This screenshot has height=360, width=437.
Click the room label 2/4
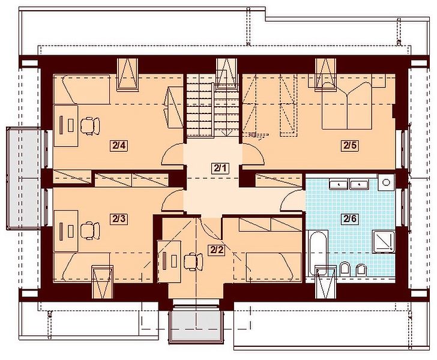pyautogui.click(x=119, y=145)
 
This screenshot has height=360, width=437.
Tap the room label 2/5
pyautogui.click(x=350, y=145)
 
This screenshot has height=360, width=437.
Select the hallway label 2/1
pyautogui.click(x=220, y=168)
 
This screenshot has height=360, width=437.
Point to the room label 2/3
pyautogui.click(x=119, y=219)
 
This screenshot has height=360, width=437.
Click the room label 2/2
pyautogui.click(x=217, y=250)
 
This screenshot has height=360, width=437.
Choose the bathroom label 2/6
pyautogui.click(x=350, y=219)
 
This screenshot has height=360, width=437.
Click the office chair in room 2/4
pyautogui.click(x=90, y=126)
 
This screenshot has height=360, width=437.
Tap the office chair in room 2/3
pyautogui.click(x=90, y=230)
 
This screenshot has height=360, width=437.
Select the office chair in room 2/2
pyautogui.click(x=194, y=262)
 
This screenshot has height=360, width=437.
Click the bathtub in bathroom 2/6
pyautogui.click(x=317, y=253)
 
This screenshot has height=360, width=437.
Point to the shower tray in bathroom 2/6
pyautogui.click(x=384, y=242)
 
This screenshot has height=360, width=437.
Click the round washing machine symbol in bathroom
pyautogui.click(x=386, y=182)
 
